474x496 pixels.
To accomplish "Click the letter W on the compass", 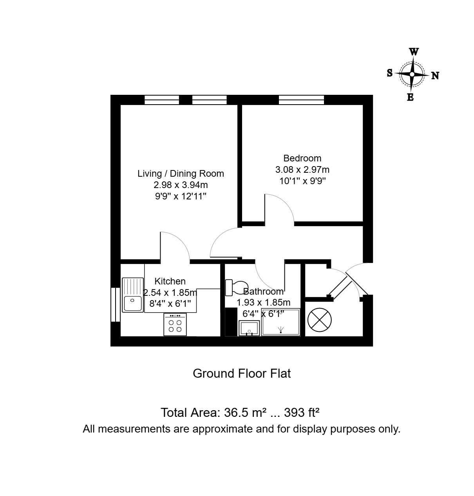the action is tap(414, 52).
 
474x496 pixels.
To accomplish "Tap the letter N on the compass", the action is tap(435, 76).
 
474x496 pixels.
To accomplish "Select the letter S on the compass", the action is tap(390, 73).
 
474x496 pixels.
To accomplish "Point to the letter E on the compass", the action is tap(410, 97).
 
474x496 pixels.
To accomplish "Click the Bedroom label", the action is tap(302, 158).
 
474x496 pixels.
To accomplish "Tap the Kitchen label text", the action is tap(170, 281).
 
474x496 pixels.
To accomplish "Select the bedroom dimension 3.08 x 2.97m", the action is tap(302, 170).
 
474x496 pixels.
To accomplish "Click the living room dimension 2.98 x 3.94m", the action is tap(181, 185).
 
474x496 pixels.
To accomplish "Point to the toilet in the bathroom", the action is tap(237, 288).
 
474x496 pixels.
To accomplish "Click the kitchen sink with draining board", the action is tap(132, 295).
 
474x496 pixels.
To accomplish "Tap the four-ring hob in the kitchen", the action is tap(175, 324).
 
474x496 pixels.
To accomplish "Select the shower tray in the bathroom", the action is tap(280, 322).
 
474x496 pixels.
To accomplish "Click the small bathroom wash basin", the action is tap(249, 328).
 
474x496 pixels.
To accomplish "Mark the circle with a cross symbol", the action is tap(319, 320).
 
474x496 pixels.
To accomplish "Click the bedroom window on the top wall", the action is tap(301, 100).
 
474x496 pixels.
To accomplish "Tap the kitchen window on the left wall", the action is tap(116, 304).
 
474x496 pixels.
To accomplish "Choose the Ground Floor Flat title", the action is tap(242, 373).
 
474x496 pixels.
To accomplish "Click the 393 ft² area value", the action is tap(302, 412).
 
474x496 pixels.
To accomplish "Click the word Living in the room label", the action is tap(150, 174).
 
